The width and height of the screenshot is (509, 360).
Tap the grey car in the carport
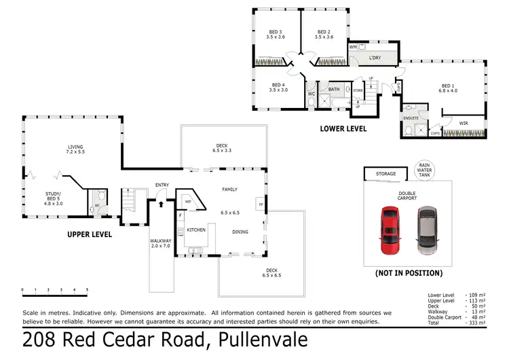click(x=426, y=232)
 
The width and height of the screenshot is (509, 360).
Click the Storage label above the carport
click(x=386, y=175)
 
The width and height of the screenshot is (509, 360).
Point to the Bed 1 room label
click(x=449, y=86)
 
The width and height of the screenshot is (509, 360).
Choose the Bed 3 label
click(x=275, y=35)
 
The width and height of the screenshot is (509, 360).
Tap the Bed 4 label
click(x=278, y=86)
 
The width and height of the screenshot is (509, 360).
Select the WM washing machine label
click(x=353, y=48)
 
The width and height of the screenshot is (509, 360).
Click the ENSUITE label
click(x=411, y=118)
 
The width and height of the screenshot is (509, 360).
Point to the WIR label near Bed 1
click(x=464, y=123)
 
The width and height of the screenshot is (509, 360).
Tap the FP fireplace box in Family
click(x=260, y=204)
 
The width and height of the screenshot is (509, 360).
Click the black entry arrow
click(x=161, y=201)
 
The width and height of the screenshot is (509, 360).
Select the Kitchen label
click(x=196, y=230)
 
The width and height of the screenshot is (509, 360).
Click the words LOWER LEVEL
click(x=343, y=128)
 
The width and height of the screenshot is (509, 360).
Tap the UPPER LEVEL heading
click(x=89, y=234)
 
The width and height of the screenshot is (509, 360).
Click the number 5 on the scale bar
click(x=87, y=290)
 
